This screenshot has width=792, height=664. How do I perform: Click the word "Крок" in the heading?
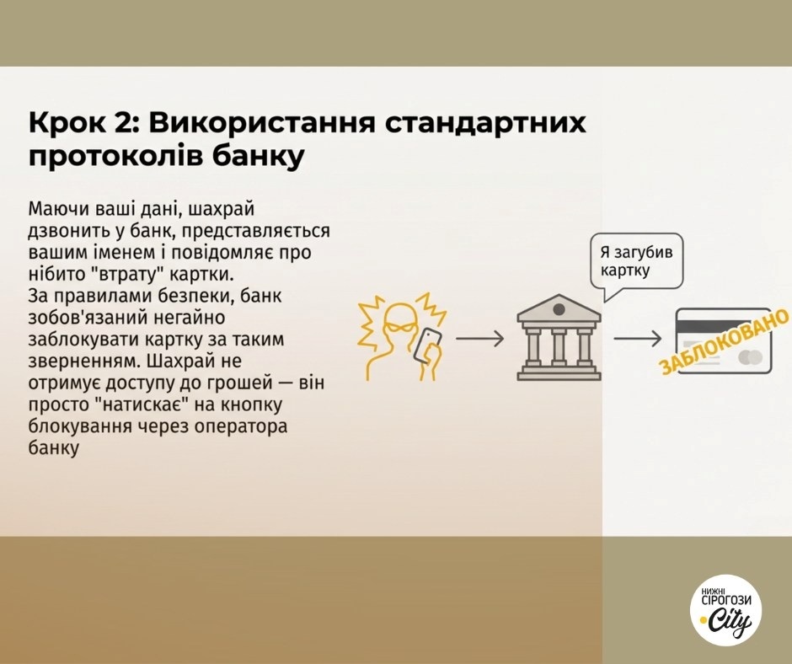[67, 123]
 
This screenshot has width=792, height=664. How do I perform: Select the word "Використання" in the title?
[262, 123]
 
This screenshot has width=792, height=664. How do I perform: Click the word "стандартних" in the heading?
[486, 123]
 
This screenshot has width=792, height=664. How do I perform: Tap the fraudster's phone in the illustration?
[427, 345]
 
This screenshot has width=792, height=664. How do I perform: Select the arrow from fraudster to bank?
[480, 339]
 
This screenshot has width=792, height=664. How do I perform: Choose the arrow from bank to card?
[638, 339]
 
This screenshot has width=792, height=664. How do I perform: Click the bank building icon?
[559, 337]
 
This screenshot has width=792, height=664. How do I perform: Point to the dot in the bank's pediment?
[559, 309]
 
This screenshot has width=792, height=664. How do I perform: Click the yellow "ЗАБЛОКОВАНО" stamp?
[723, 341]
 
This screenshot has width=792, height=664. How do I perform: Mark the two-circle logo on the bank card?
[751, 358]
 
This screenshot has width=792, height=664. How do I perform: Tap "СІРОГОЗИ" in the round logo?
[726, 600]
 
